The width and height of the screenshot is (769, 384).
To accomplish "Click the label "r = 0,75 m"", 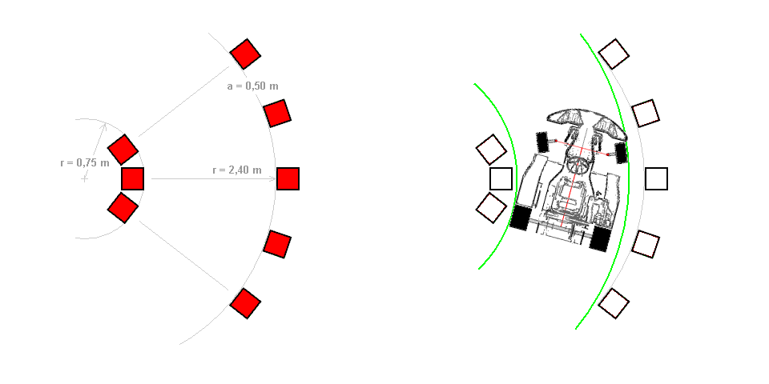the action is (x=85, y=162).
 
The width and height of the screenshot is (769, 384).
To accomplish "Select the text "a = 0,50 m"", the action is (x=252, y=86).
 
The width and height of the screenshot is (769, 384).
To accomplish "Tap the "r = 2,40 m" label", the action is (x=237, y=170).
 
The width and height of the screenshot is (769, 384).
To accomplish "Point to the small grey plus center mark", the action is (x=85, y=179).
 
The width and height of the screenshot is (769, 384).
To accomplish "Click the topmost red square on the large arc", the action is (x=245, y=54).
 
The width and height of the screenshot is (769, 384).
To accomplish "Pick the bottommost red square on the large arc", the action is (x=245, y=303).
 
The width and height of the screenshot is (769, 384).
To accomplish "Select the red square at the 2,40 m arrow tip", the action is (x=288, y=178).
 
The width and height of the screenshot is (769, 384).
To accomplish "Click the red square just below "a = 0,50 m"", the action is (x=277, y=113).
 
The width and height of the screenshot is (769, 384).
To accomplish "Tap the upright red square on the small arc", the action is (x=132, y=178).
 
